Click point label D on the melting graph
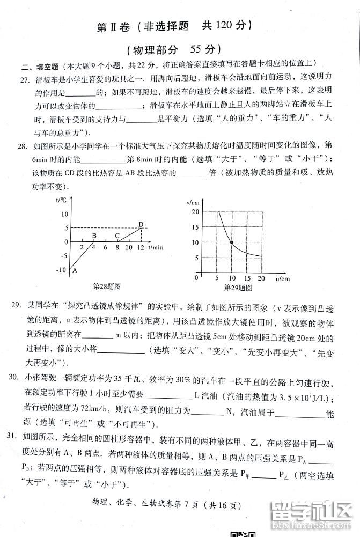tap(141, 224)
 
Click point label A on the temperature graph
tap(75, 270)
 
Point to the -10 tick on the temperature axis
tap(61, 270)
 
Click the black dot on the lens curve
tap(231, 242)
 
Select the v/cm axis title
tap(193, 202)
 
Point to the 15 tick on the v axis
tap(195, 227)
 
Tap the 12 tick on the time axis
tap(141, 248)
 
